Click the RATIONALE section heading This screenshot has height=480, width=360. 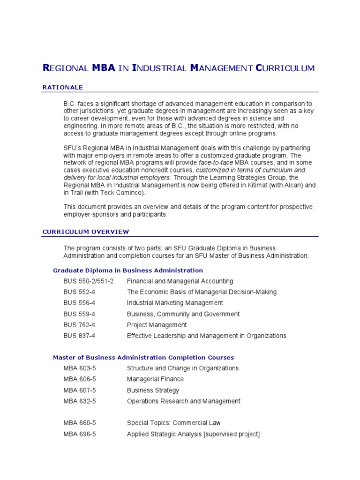click(x=62, y=87)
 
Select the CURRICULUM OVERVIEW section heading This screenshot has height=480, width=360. click(x=86, y=232)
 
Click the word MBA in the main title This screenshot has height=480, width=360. click(x=104, y=68)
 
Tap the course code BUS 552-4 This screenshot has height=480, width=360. click(x=79, y=292)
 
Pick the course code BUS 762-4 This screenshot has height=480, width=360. click(x=79, y=325)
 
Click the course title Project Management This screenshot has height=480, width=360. click(x=157, y=325)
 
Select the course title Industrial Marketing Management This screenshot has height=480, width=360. click(x=175, y=303)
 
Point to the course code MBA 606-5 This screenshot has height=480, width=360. click(x=80, y=379)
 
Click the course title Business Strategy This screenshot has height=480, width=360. click(x=153, y=390)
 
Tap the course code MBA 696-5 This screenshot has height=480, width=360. click(x=80, y=434)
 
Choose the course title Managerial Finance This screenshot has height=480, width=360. click(x=155, y=379)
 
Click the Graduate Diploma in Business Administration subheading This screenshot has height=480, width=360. click(x=128, y=270)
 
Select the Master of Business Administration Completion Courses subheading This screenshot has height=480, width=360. click(x=143, y=358)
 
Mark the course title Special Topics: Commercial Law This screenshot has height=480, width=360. click(x=173, y=423)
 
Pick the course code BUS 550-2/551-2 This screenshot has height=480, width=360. click(x=89, y=281)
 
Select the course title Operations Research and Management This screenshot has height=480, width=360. click(x=183, y=401)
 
